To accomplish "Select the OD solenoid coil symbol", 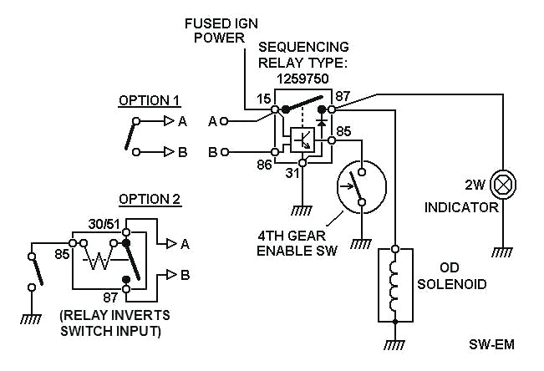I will [394, 285].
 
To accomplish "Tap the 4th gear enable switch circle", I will [359, 185].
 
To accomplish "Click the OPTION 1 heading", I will [149, 100].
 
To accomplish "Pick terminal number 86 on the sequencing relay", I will [263, 165].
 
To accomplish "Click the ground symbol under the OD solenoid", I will [394, 343].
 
